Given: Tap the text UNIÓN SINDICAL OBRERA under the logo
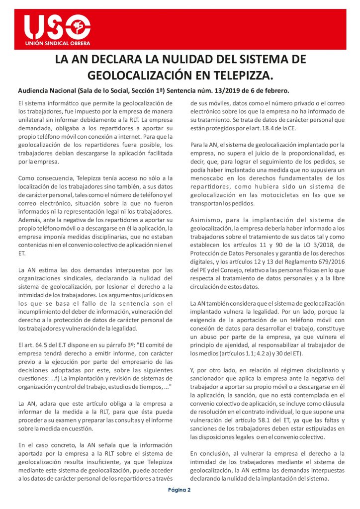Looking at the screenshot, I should click(x=58, y=44).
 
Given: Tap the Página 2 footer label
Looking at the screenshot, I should click(x=180, y=490).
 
